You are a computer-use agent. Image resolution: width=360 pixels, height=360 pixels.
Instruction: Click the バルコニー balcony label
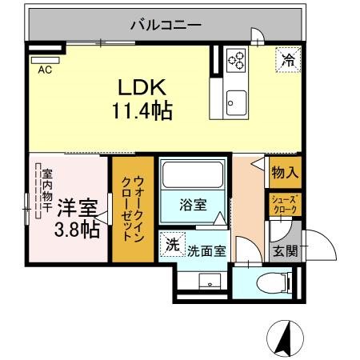[166, 25]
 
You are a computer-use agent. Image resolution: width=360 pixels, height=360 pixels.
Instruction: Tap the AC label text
[45, 70]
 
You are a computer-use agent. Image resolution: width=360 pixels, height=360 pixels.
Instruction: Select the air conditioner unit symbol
[45, 60]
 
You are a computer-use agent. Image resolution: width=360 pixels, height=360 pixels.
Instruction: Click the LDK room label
[142, 87]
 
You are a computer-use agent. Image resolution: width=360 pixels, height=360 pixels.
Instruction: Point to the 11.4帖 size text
[142, 110]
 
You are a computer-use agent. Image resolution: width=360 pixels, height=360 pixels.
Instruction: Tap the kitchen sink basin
[236, 103]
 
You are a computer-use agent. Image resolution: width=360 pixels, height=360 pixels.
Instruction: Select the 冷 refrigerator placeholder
[288, 59]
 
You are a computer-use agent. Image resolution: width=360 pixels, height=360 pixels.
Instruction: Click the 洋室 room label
[78, 208]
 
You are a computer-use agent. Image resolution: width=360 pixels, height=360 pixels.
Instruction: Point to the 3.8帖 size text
[77, 230]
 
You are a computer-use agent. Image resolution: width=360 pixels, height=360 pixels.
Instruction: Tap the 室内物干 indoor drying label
[47, 190]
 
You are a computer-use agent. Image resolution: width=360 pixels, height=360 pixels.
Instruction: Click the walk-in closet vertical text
[133, 209]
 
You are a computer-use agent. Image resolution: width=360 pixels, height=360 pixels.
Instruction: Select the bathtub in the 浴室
[193, 175]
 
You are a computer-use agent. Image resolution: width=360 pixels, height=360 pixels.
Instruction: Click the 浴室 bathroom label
[193, 205]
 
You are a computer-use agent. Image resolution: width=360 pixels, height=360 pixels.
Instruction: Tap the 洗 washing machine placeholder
[173, 245]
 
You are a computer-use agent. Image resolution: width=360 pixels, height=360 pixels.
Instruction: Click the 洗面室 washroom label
[206, 251]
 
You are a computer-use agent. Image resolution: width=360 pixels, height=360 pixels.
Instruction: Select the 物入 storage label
[285, 173]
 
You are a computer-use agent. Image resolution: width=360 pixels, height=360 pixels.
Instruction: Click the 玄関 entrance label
[286, 250]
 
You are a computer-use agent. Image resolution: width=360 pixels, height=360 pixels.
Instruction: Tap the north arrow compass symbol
[286, 338]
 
